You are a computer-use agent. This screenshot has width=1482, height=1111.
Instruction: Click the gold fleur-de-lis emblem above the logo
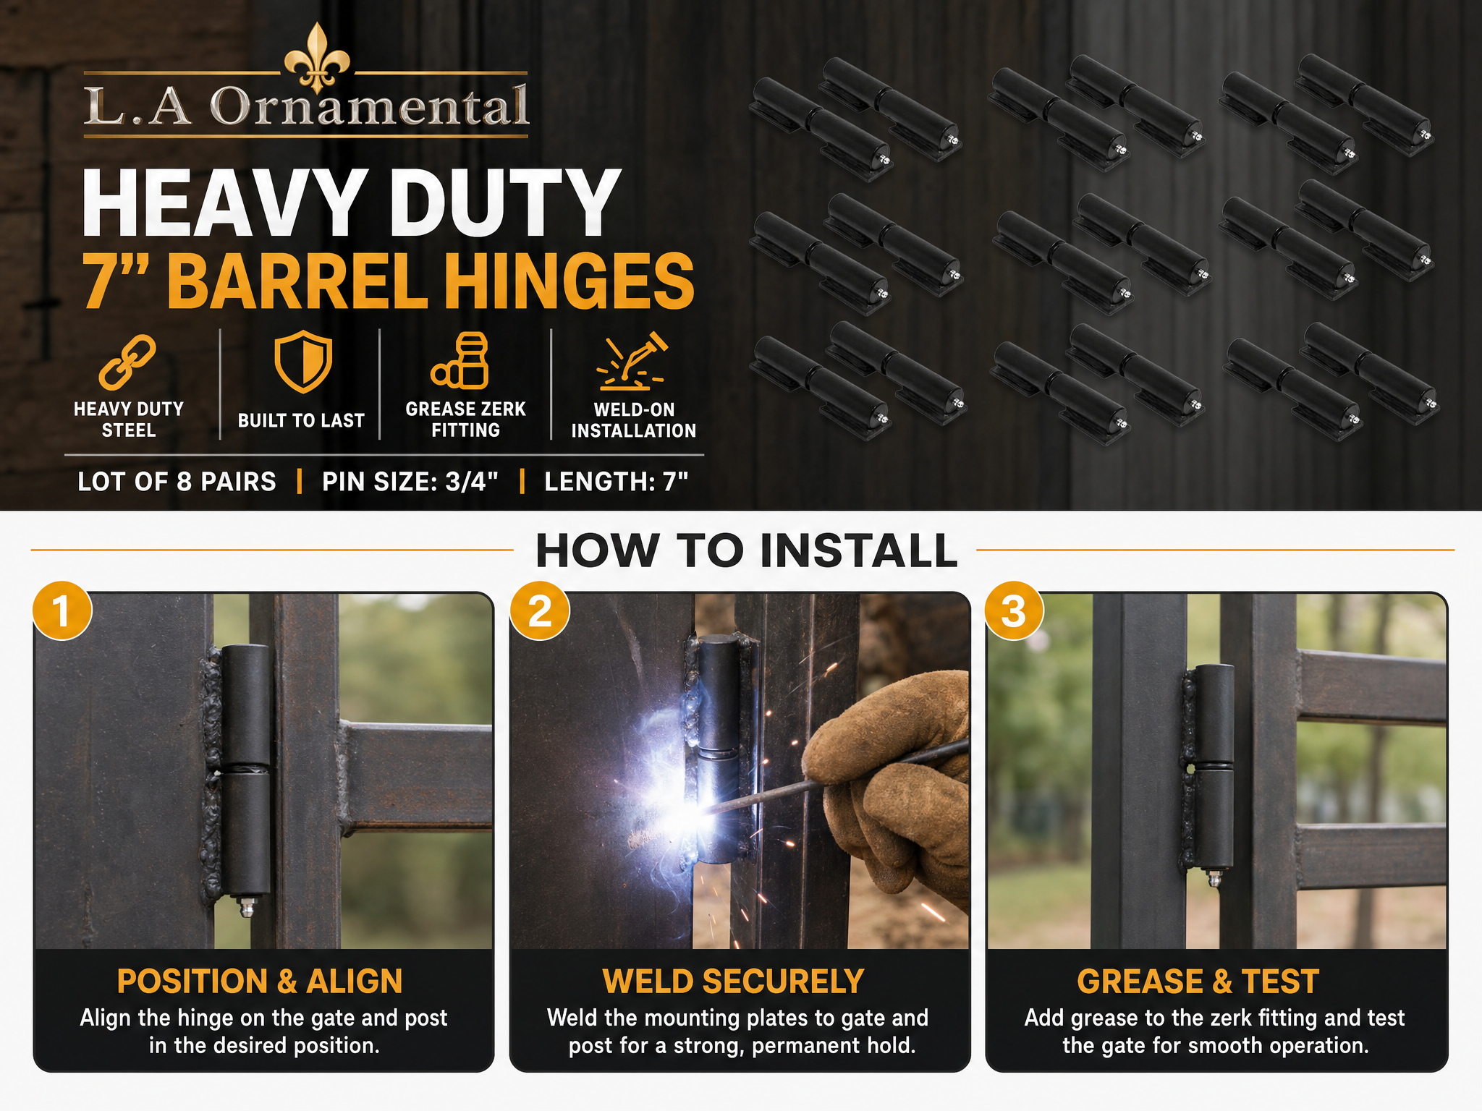pyautogui.click(x=317, y=58)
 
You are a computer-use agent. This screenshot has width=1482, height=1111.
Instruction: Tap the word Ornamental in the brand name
pyautogui.click(x=369, y=107)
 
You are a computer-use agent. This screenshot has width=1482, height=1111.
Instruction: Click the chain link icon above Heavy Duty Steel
pyautogui.click(x=127, y=362)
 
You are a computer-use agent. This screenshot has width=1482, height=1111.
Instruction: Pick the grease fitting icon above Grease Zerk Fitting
pyautogui.click(x=461, y=360)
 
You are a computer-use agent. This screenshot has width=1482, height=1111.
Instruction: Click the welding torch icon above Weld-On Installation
pyautogui.click(x=632, y=360)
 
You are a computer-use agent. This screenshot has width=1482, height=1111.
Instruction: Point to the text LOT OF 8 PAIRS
pyautogui.click(x=177, y=482)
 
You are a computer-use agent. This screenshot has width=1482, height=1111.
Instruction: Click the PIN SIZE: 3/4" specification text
pyautogui.click(x=410, y=482)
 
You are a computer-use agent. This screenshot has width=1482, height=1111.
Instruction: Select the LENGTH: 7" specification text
pyautogui.click(x=616, y=482)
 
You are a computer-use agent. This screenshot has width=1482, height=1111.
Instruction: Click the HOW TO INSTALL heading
pyautogui.click(x=746, y=551)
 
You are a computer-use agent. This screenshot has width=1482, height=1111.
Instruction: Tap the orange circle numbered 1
pyautogui.click(x=62, y=610)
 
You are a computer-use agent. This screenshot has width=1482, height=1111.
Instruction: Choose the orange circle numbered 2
pyautogui.click(x=539, y=610)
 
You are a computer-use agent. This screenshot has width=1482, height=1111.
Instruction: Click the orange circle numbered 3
pyautogui.click(x=1015, y=610)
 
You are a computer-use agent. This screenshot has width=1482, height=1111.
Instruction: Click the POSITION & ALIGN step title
pyautogui.click(x=260, y=982)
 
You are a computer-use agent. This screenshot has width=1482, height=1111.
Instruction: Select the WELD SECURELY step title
pyautogui.click(x=734, y=982)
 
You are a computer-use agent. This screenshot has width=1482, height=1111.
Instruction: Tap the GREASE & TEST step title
pyautogui.click(x=1198, y=982)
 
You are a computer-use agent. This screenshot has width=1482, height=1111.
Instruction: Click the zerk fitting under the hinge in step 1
pyautogui.click(x=247, y=906)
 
